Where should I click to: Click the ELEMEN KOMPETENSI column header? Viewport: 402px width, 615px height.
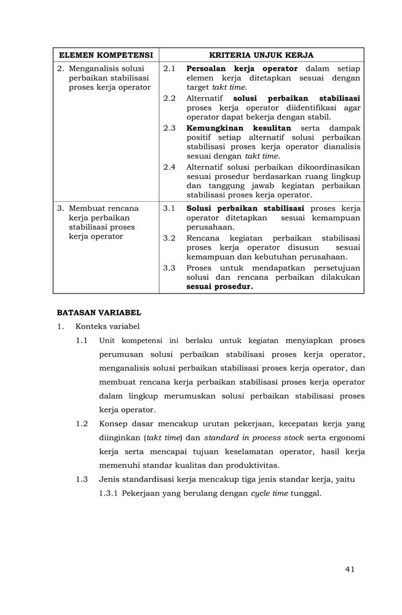(106, 55)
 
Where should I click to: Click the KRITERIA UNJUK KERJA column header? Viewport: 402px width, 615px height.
(261, 55)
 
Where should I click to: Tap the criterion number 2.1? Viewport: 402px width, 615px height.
(170, 68)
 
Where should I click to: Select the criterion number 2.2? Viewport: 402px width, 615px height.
(170, 98)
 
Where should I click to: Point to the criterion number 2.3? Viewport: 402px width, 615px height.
(170, 128)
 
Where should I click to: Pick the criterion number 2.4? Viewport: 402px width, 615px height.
(170, 167)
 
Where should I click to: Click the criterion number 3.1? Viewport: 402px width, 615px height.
(170, 208)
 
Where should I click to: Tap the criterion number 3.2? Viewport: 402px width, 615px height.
(170, 238)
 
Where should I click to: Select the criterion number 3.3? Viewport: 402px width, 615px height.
(170, 268)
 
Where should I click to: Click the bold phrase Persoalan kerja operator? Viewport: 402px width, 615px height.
(242, 68)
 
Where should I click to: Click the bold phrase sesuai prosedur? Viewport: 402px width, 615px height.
(219, 287)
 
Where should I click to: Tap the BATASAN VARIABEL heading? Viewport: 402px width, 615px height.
(99, 312)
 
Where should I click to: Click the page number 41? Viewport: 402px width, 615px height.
(350, 569)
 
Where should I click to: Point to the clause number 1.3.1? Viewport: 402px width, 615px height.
(108, 493)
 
